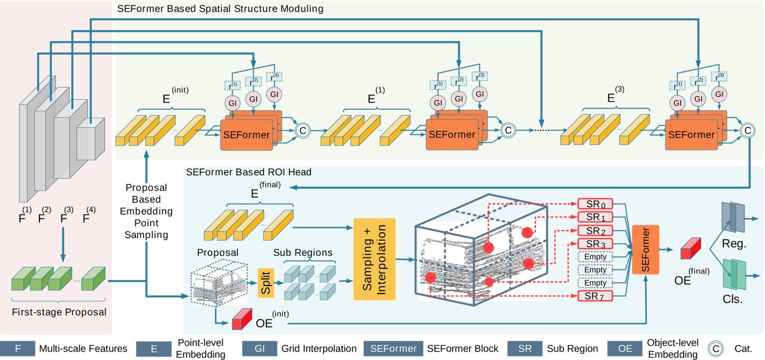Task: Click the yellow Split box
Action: (266, 283)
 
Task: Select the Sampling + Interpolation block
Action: (374, 259)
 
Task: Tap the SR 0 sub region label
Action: (595, 204)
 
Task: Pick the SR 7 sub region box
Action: (594, 296)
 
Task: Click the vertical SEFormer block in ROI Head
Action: (645, 250)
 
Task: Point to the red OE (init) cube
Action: (242, 320)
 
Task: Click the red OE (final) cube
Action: (690, 249)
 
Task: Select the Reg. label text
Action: (734, 244)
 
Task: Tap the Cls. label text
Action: (732, 299)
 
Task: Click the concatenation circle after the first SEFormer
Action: (302, 131)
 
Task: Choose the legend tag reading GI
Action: (260, 349)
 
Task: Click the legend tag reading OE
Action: (625, 349)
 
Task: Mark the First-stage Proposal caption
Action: (59, 312)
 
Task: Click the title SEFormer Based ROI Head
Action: (249, 172)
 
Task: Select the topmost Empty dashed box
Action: (595, 257)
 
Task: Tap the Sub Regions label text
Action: (302, 253)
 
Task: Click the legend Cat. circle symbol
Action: (715, 349)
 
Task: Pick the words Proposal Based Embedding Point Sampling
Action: (146, 211)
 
